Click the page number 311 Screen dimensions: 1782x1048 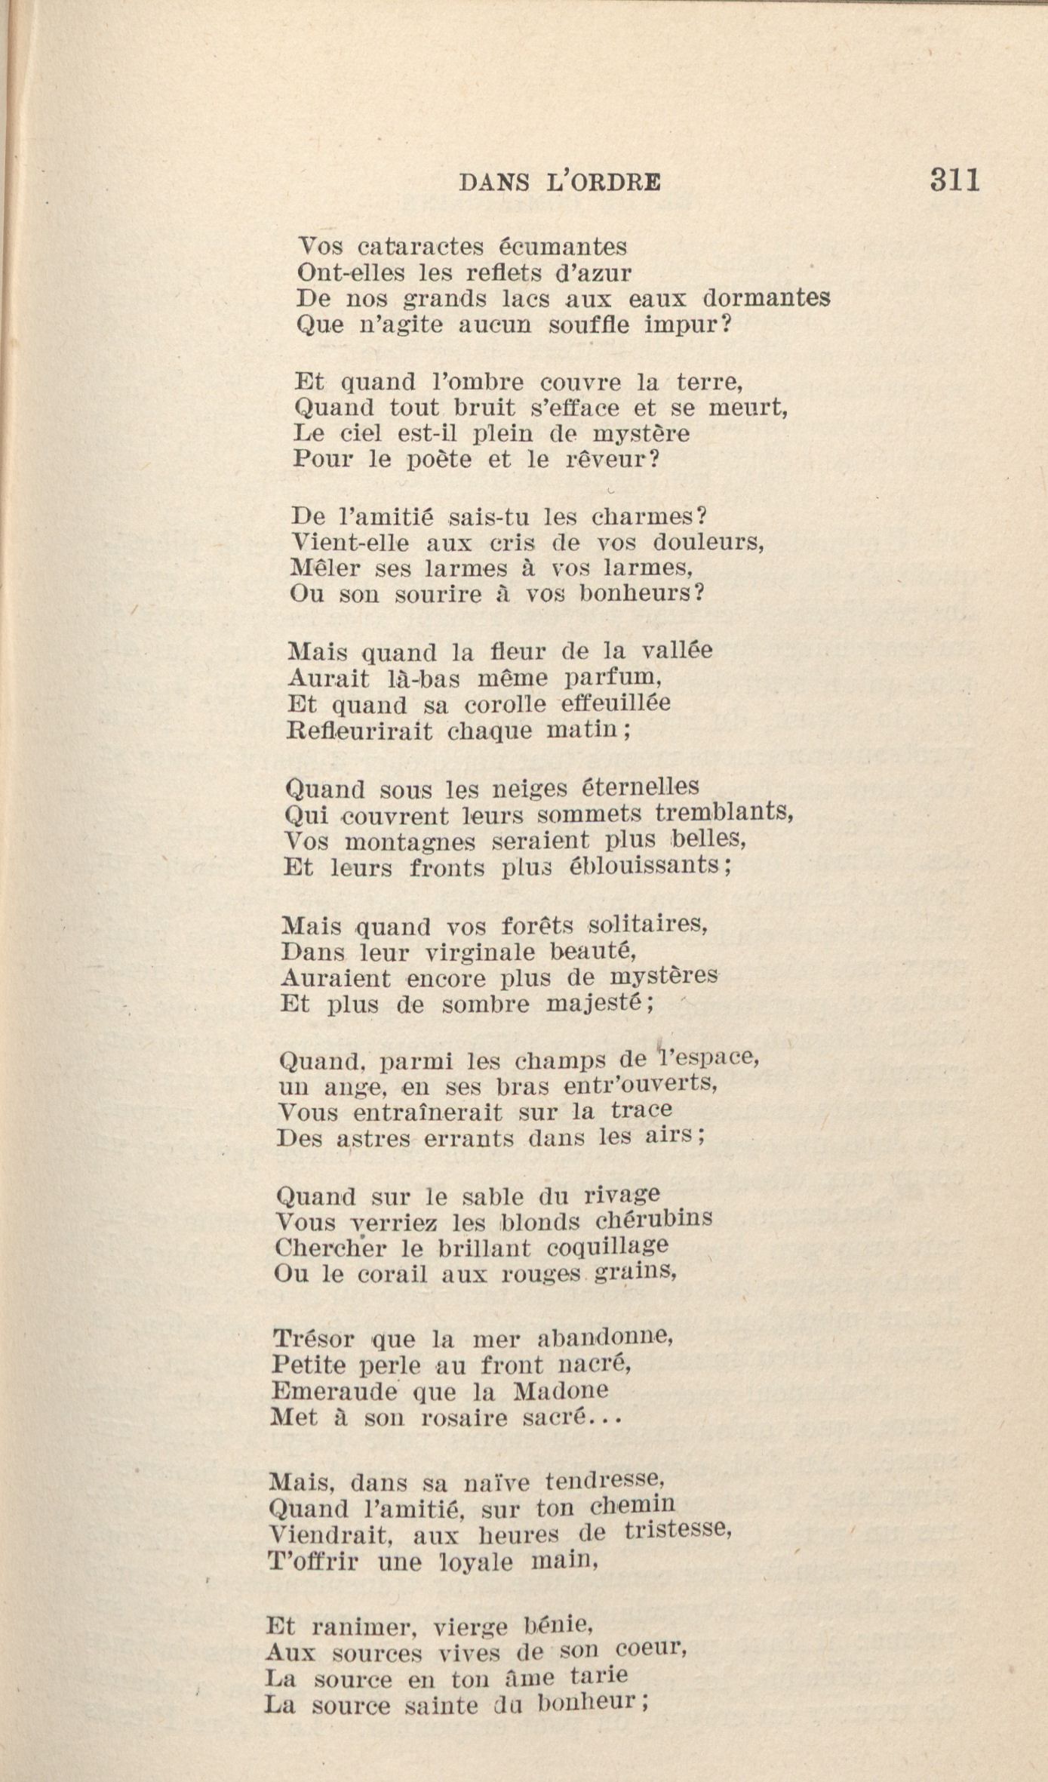click(954, 181)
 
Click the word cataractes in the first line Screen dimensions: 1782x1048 click(418, 247)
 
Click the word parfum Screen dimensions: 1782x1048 click(613, 678)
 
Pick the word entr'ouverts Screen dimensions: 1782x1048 click(639, 1085)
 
